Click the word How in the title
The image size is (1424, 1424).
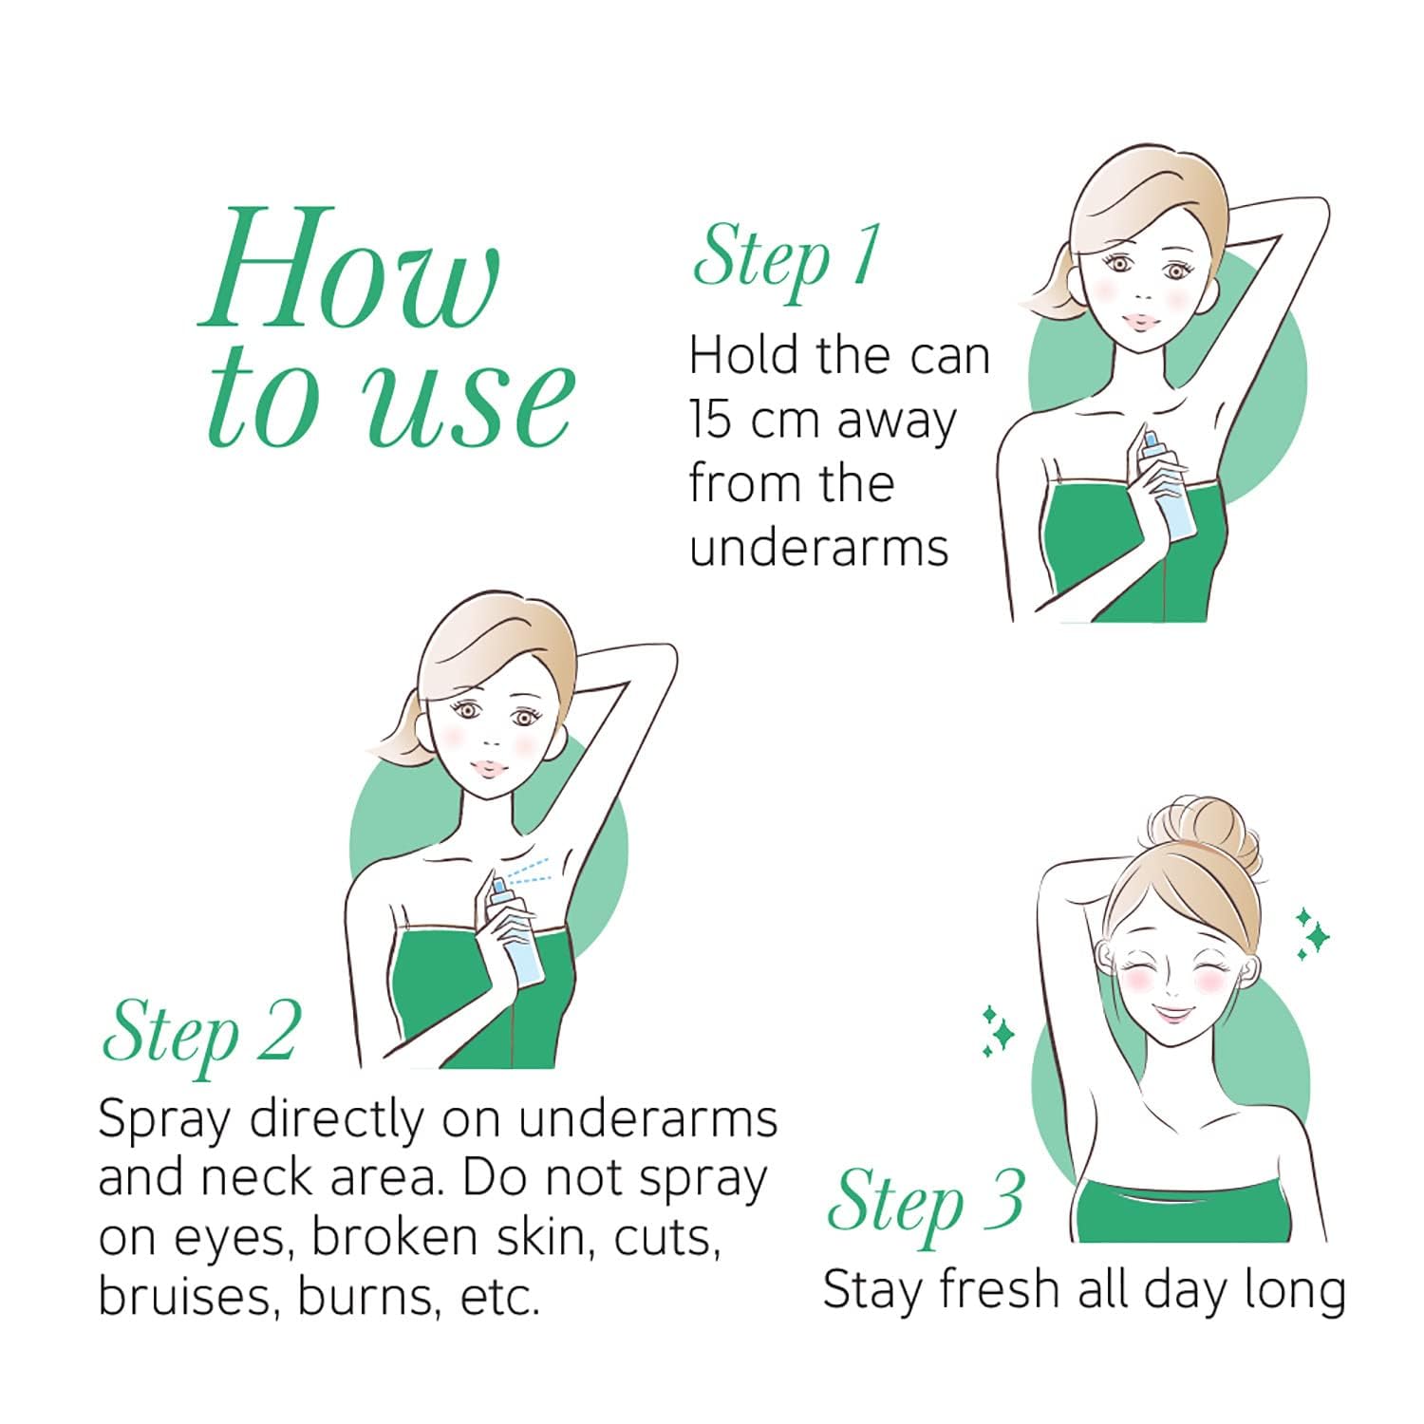(x=348, y=269)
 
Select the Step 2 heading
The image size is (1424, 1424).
(x=200, y=1032)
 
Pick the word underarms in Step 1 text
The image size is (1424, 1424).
(x=818, y=547)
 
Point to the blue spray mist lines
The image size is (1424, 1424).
(x=528, y=872)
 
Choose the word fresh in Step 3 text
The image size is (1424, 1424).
(x=990, y=1290)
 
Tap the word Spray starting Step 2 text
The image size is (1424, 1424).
(x=164, y=1121)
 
